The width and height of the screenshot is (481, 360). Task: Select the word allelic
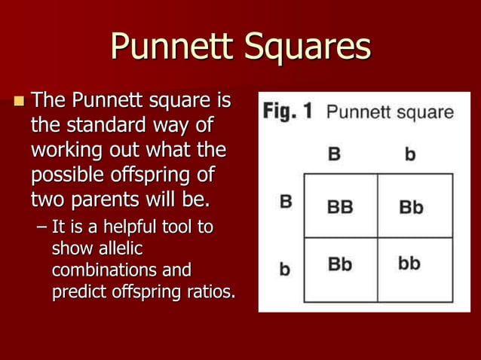tap(75, 249)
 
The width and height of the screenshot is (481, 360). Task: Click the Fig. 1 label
tap(286, 112)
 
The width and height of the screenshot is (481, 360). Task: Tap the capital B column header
tap(334, 155)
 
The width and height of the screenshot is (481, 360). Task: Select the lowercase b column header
tap(410, 155)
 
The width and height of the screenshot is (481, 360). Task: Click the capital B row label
tap(286, 203)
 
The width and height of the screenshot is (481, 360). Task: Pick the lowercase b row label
tap(285, 268)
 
